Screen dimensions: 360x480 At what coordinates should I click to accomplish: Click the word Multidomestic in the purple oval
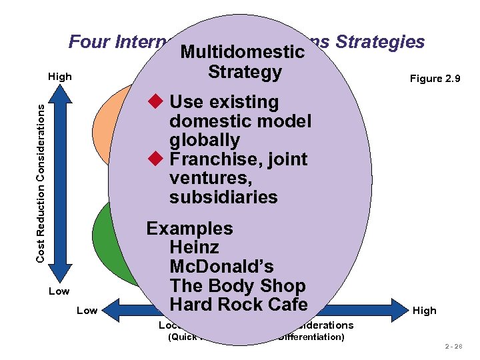coord(243,52)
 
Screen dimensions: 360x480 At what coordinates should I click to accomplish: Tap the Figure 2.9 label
coord(435,79)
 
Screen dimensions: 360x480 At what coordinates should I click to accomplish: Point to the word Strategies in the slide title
coord(381,42)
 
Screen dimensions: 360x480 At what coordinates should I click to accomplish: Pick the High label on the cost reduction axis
coord(60,77)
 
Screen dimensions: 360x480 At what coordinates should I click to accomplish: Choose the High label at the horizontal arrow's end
coord(424,310)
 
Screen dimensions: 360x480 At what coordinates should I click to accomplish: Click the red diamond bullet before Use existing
coord(155,102)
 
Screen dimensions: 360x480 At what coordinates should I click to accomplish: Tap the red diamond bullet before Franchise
coord(155,159)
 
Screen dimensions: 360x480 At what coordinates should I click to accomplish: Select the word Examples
coord(189,229)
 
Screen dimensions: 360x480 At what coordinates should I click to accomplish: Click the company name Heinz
coord(195,247)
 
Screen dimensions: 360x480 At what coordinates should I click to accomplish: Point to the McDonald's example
coord(221,267)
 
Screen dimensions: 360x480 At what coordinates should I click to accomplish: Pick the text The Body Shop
coord(237,285)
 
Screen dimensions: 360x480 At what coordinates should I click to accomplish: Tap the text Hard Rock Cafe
coord(238,305)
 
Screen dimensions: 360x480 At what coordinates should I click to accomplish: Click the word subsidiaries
coord(223,197)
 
